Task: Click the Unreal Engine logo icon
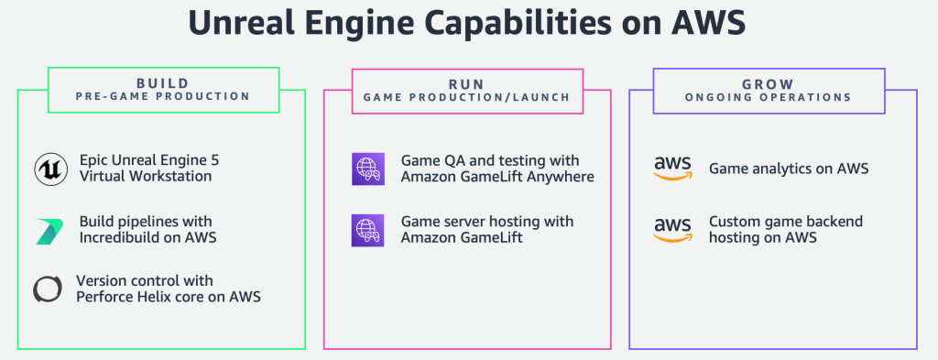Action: click(49, 169)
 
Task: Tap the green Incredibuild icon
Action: click(49, 230)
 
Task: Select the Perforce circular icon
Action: click(48, 289)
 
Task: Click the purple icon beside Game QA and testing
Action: click(365, 169)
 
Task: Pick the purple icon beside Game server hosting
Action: click(365, 230)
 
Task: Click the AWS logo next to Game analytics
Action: click(673, 169)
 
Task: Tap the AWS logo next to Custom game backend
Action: click(673, 230)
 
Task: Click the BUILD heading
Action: click(162, 81)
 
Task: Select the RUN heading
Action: click(467, 81)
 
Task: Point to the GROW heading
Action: click(772, 81)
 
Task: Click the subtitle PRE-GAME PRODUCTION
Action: click(162, 95)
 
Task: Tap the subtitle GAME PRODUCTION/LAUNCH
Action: click(467, 95)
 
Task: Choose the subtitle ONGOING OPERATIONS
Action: click(772, 95)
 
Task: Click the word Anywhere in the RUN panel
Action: click(559, 177)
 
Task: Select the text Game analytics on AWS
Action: click(788, 169)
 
